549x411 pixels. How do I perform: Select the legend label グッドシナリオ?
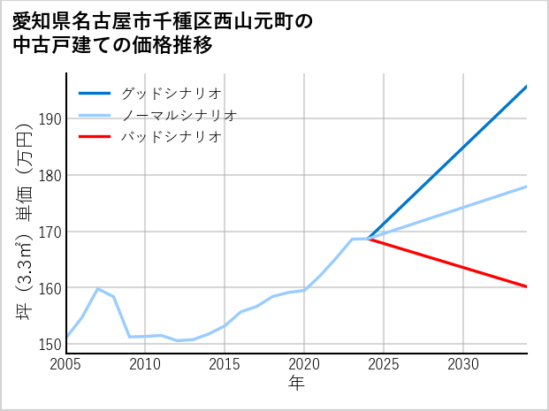pos(171,93)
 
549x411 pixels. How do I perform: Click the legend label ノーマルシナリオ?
pos(179,115)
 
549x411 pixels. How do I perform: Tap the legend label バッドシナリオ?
pos(171,137)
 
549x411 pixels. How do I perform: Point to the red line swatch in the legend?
pos(95,137)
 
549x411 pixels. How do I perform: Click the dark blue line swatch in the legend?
pos(95,93)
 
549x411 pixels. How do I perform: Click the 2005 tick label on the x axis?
pos(66,364)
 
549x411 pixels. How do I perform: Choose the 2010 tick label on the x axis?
pos(145,364)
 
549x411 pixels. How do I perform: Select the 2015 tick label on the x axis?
pos(225,364)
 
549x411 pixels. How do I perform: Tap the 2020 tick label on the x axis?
pos(304,364)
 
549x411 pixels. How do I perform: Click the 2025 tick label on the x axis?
pos(384,364)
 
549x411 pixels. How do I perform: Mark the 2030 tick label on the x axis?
pos(463,364)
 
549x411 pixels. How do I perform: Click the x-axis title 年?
pos(296,384)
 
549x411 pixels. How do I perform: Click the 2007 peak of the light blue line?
pos(97,289)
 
